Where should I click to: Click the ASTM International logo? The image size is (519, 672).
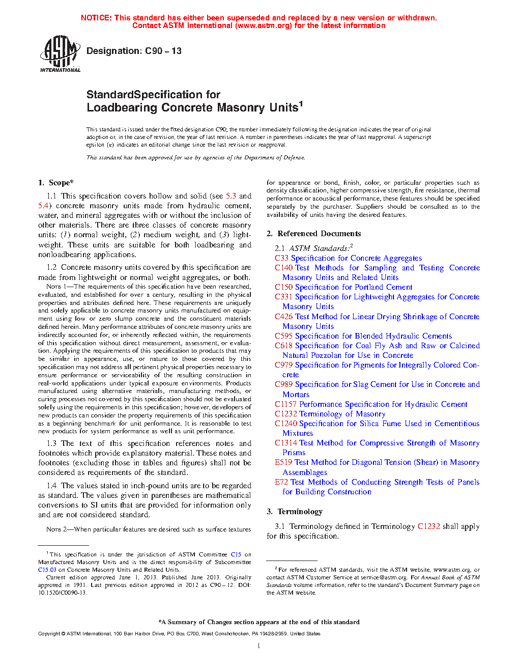[x=60, y=53]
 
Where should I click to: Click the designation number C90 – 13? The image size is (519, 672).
[x=163, y=51]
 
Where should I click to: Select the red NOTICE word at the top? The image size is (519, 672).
[x=96, y=18]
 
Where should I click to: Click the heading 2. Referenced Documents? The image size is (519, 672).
[x=313, y=234]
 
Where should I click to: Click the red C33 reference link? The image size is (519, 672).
[x=281, y=258]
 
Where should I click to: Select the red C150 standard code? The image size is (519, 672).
[x=283, y=287]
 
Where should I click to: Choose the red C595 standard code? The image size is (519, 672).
[x=283, y=336]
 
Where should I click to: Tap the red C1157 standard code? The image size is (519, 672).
[x=285, y=404]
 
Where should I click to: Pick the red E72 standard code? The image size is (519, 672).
[x=281, y=482]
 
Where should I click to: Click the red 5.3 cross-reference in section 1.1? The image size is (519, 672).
[x=231, y=196]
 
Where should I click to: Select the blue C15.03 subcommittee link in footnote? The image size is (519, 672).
[x=47, y=570]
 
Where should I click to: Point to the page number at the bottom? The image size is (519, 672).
[x=259, y=646]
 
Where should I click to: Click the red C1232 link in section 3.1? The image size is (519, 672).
[x=428, y=526]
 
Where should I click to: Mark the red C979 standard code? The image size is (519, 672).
[x=283, y=365]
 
